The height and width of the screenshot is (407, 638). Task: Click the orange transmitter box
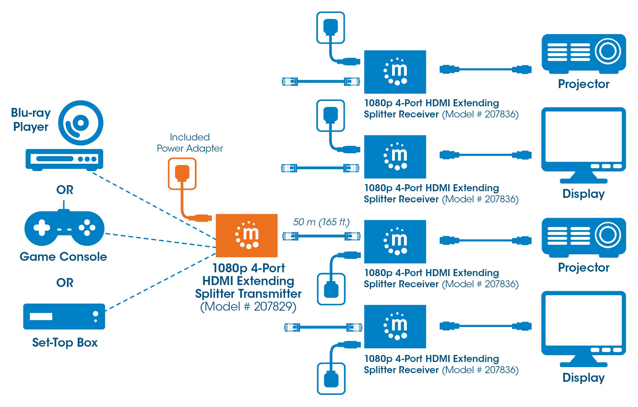(x=247, y=236)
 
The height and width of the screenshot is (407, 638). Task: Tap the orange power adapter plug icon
(x=182, y=174)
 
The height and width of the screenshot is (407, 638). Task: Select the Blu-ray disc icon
(x=81, y=123)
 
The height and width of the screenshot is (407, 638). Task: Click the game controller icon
(x=64, y=228)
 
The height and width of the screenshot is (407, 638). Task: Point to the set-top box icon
(x=64, y=316)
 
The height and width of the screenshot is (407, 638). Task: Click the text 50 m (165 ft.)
(x=321, y=222)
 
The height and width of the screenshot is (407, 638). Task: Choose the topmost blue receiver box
(x=395, y=72)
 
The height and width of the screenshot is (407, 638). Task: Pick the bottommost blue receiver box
(x=395, y=326)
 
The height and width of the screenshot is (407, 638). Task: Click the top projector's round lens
(x=608, y=51)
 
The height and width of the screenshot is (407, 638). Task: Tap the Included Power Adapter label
(x=190, y=143)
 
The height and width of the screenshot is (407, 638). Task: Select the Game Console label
(x=63, y=257)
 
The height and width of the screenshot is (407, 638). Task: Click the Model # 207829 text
(x=248, y=306)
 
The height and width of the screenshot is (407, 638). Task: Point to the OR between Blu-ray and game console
(x=65, y=190)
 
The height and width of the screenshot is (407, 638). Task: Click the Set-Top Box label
(x=65, y=343)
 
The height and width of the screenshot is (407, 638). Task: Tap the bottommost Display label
(x=583, y=378)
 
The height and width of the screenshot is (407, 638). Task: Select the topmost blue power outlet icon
(x=330, y=27)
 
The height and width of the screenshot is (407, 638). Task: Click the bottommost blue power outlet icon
(x=331, y=379)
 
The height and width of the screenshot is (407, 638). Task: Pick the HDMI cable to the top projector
(x=485, y=69)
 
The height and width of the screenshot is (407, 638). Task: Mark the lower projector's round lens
(x=608, y=235)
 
